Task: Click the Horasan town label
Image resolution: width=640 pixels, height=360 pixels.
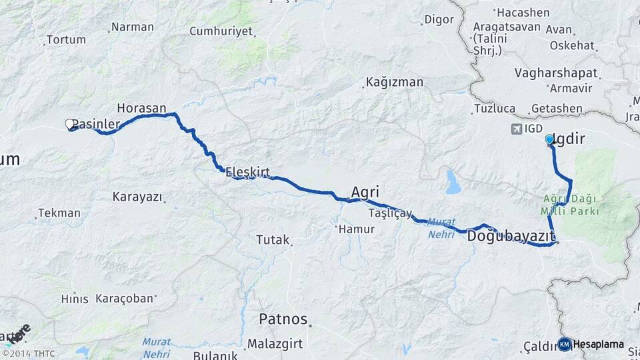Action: pyautogui.click(x=145, y=107)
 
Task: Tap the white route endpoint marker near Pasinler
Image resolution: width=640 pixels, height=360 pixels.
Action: pyautogui.click(x=69, y=124)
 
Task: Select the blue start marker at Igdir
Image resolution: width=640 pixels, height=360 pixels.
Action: pyautogui.click(x=549, y=139)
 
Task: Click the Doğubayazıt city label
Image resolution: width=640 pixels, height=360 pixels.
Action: pyautogui.click(x=511, y=236)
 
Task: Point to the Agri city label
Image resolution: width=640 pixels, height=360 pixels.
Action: pyautogui.click(x=365, y=192)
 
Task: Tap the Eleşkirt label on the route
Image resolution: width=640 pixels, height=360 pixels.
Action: pyautogui.click(x=247, y=172)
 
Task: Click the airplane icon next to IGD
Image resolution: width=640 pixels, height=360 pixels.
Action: pyautogui.click(x=515, y=128)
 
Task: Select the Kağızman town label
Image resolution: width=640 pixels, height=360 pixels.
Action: pyautogui.click(x=393, y=83)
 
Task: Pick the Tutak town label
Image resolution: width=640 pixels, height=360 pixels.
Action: pyautogui.click(x=273, y=239)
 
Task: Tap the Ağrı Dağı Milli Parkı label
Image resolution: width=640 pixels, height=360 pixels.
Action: pyautogui.click(x=571, y=205)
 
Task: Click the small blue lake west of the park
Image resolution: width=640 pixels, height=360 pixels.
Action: pyautogui.click(x=453, y=181)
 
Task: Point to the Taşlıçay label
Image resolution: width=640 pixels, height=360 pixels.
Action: pyautogui.click(x=390, y=213)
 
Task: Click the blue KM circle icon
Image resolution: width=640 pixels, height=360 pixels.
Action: pyautogui.click(x=565, y=344)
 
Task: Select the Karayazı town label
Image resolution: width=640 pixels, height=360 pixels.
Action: pyautogui.click(x=137, y=197)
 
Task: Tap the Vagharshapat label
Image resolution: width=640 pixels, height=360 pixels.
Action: pyautogui.click(x=557, y=73)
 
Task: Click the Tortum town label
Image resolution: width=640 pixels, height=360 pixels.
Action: pyautogui.click(x=65, y=40)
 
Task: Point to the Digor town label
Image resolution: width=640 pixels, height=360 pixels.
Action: pyautogui.click(x=439, y=19)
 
